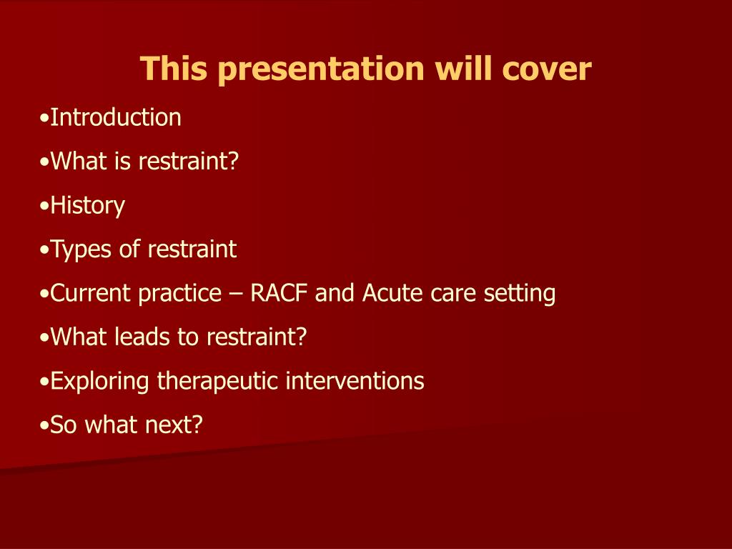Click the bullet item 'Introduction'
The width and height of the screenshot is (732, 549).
point(115,117)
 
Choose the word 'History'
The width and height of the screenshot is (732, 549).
point(87,206)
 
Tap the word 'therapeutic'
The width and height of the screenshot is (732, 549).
point(218,381)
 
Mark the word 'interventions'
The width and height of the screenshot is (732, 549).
point(355,381)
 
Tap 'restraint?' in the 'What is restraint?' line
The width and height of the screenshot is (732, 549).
point(188,162)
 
